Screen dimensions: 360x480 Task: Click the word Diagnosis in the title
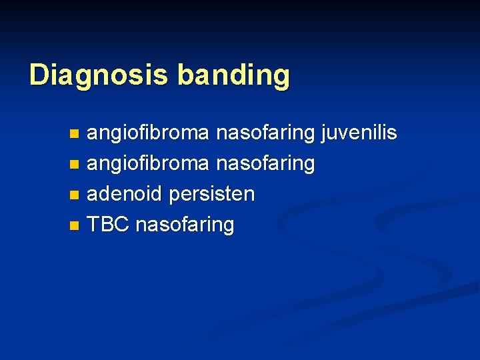tap(100, 75)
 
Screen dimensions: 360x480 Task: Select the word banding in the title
tap(233, 76)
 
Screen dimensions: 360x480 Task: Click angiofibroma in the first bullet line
tap(147, 133)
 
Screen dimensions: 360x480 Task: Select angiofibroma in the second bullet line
tap(147, 164)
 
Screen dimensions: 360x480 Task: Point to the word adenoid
tap(125, 194)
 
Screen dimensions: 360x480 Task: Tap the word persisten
tap(211, 195)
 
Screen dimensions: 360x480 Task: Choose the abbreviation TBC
tap(109, 225)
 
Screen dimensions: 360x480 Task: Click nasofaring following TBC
tap(185, 225)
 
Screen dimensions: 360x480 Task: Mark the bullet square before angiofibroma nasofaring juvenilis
tap(74, 134)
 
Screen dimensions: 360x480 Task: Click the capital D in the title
tap(39, 75)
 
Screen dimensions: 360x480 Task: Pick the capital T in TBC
tap(93, 225)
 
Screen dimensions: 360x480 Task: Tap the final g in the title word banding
tap(282, 77)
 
